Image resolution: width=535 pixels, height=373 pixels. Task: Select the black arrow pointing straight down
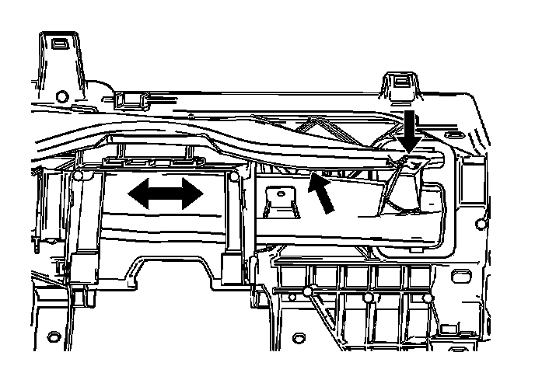click(411, 129)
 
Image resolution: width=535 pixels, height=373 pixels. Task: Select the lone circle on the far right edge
click(481, 225)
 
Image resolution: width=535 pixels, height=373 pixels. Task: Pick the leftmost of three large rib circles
click(308, 292)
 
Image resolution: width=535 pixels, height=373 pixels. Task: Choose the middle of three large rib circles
click(368, 297)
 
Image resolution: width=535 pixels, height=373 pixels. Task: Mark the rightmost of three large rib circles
click(427, 297)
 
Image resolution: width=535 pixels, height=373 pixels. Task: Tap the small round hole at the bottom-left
click(54, 336)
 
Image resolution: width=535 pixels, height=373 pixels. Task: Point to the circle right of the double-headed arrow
click(235, 176)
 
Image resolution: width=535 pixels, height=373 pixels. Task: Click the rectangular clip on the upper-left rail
click(128, 100)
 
